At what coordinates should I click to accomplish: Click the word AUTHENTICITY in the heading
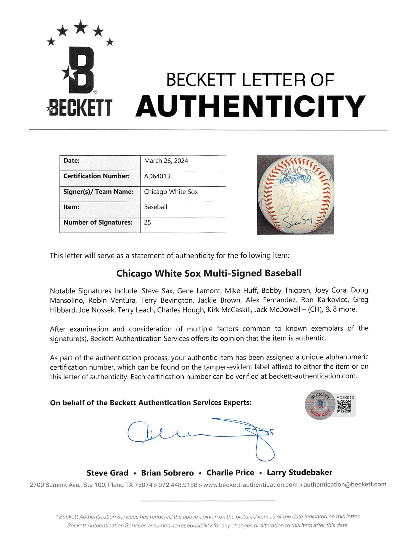[x=250, y=106]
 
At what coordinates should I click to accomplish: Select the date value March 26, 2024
[x=166, y=161]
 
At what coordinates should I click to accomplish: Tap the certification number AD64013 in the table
[x=157, y=176]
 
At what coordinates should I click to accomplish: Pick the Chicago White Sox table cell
[x=171, y=192]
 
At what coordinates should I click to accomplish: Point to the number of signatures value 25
[x=147, y=222]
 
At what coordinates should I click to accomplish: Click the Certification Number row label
[x=96, y=176]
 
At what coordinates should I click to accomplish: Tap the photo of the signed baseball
[x=295, y=194]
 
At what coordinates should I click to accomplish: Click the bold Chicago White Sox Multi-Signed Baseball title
[x=209, y=273]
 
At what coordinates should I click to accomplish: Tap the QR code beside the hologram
[x=344, y=406]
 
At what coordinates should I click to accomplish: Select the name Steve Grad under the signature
[x=107, y=473]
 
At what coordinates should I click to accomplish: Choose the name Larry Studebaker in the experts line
[x=299, y=472]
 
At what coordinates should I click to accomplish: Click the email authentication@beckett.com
[x=345, y=484]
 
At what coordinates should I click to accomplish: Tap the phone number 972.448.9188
[x=178, y=485]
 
